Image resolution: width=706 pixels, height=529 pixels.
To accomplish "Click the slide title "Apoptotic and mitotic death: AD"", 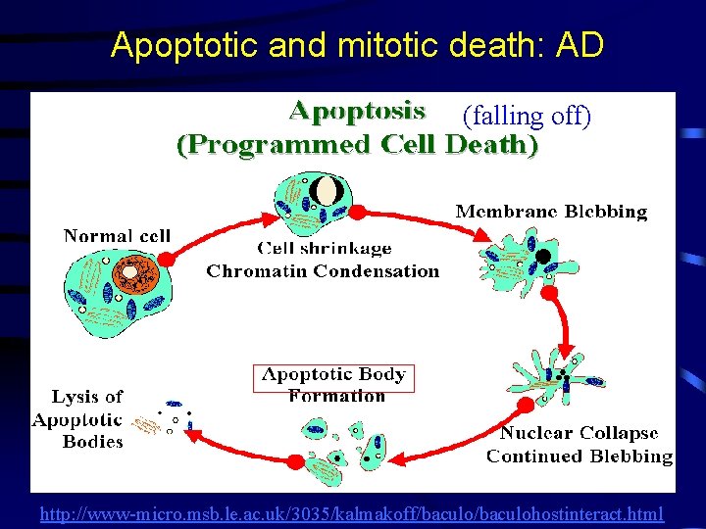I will tap(357, 44).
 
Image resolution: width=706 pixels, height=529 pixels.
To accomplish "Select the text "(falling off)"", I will tap(527, 117).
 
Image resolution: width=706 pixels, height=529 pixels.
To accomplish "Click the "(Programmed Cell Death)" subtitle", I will tap(357, 145).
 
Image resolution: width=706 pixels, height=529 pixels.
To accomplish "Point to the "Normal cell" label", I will tap(117, 235).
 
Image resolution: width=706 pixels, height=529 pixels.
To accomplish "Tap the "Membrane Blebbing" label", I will tap(551, 211).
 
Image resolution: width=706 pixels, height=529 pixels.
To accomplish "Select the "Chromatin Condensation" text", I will tap(323, 271).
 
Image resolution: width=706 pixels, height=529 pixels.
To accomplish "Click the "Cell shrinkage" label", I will tap(324, 249).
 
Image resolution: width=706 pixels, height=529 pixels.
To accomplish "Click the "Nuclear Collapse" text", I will tap(580, 433).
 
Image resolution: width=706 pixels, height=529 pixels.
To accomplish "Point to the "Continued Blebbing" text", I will tap(580, 456).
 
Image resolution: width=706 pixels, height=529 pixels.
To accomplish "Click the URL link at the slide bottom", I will tap(352, 513).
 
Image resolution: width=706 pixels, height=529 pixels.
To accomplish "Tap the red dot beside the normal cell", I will tap(167, 259).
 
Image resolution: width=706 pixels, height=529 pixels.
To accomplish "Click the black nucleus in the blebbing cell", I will tap(542, 257).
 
